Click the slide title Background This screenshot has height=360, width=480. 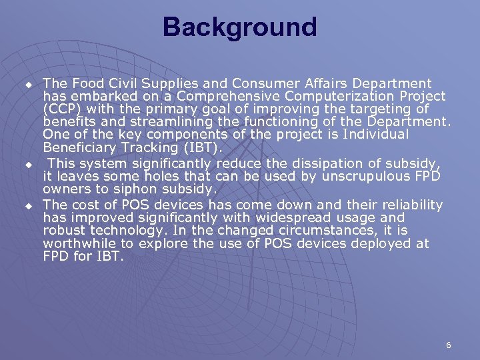point(239,28)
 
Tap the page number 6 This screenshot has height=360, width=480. point(449,345)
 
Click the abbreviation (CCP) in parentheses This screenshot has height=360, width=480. point(64,109)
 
